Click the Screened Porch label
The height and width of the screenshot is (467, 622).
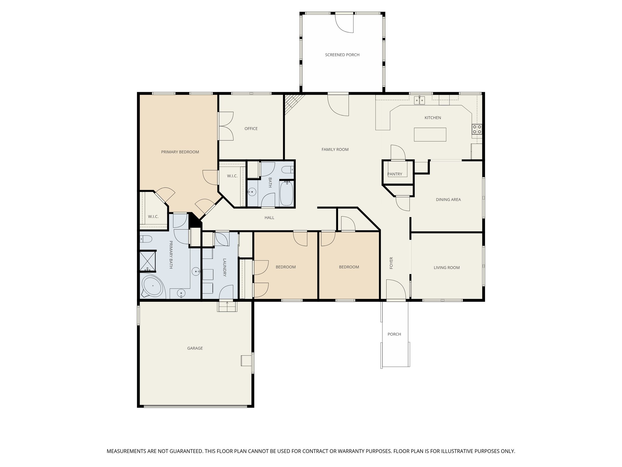coord(342,55)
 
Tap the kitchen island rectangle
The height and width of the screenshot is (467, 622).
coord(430,134)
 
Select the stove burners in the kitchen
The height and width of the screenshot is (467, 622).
coord(477,129)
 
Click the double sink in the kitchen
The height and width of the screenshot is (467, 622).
coord(420,100)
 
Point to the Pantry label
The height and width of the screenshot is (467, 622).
coord(395,174)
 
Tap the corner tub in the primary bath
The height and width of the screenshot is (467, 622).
coord(152,286)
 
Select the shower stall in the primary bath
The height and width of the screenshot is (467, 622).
coord(147,261)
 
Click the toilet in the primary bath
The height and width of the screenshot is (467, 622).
coord(146,239)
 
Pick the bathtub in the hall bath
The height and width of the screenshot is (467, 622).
coord(286,193)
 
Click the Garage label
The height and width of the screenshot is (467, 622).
coord(195,348)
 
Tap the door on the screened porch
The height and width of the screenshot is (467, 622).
coord(344,23)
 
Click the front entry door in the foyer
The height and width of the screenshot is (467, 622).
coord(396,290)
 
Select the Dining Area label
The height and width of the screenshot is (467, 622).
coord(448,200)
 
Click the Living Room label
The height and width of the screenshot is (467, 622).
coord(446,268)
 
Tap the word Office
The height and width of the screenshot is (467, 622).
coord(251,129)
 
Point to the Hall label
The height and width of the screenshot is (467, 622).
coord(269,218)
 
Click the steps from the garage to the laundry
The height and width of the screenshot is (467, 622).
coord(227,306)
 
